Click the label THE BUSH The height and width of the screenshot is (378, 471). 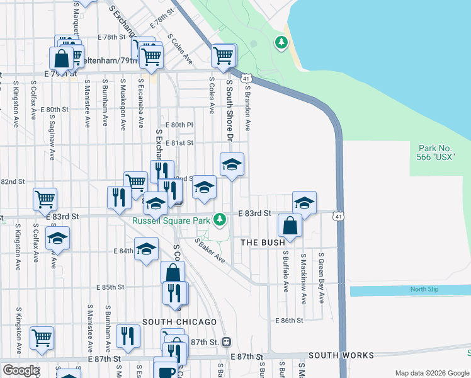click(x=263, y=242)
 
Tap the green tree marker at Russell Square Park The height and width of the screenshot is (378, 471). click(x=219, y=220)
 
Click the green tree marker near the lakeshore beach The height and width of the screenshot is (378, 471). click(x=281, y=43)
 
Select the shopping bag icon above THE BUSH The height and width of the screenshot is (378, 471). click(x=290, y=225)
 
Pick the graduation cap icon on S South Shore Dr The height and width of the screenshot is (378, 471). click(x=232, y=165)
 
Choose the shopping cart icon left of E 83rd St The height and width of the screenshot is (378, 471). click(x=45, y=199)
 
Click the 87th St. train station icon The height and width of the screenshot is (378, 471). click(x=226, y=341)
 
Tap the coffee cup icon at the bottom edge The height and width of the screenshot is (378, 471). click(x=166, y=370)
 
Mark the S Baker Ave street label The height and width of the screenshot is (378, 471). click(x=210, y=250)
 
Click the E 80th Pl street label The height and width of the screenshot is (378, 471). click(x=178, y=125)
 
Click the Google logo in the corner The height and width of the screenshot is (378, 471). click(x=20, y=370)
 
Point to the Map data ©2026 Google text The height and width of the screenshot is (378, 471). click(x=432, y=373)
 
